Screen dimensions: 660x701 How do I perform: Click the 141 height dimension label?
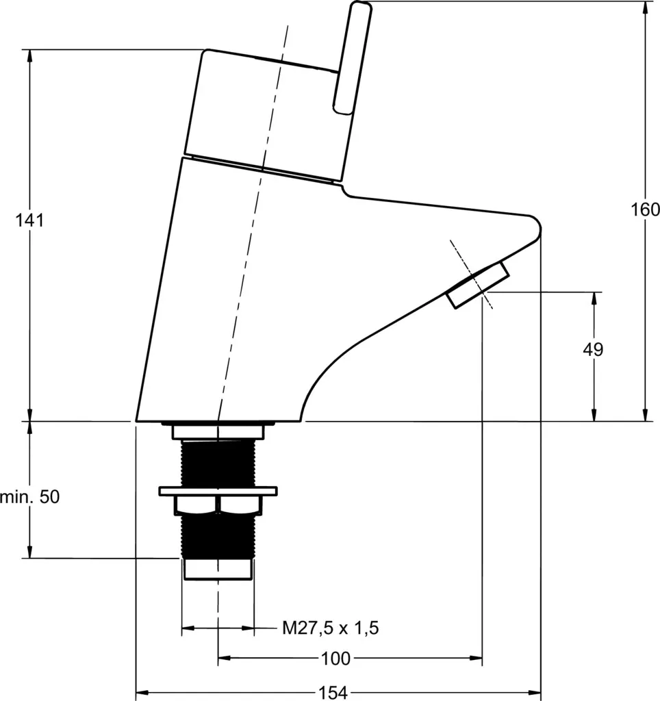(x=30, y=220)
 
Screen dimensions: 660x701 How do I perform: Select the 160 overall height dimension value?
(x=645, y=209)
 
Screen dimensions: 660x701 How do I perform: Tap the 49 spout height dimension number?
(x=594, y=349)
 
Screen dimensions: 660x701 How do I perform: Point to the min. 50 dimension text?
(x=29, y=497)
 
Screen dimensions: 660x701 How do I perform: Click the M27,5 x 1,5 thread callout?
(x=331, y=628)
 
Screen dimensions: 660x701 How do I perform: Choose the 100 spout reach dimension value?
(x=335, y=658)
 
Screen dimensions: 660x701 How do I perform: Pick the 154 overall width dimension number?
(x=333, y=693)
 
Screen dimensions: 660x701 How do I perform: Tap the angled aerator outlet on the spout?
(x=478, y=285)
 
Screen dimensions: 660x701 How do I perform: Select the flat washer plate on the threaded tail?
(x=218, y=491)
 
